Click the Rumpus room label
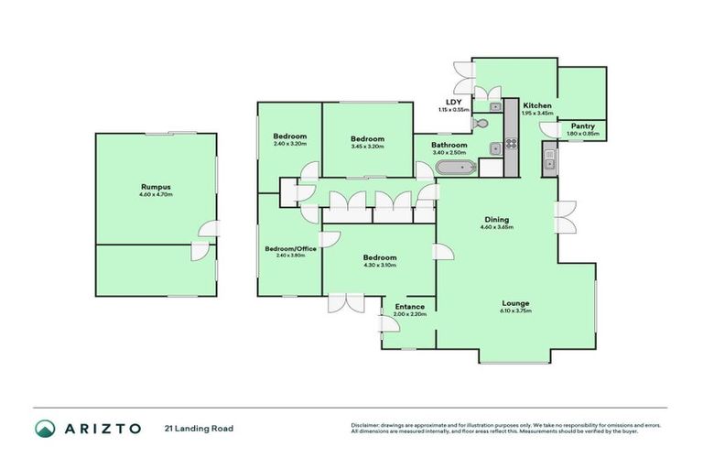point(156,187)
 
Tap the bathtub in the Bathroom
point(454,167)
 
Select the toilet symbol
point(482,123)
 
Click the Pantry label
point(583,126)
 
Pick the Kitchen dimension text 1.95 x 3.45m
point(537,115)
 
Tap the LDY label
point(452,102)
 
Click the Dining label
point(496,220)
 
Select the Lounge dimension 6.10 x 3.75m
point(515,311)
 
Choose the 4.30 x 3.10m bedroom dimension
point(379,265)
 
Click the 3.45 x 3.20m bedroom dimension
point(367,147)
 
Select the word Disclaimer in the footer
point(365,425)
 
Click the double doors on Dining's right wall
point(566,219)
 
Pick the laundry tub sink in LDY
point(494,147)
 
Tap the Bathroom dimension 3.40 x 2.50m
point(449,153)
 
